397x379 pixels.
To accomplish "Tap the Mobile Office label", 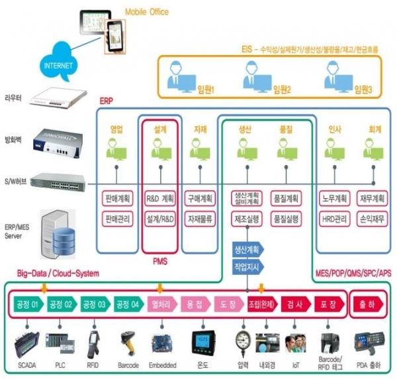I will [x=146, y=11].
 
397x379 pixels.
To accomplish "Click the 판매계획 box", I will [x=118, y=198].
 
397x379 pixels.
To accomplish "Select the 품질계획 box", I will [x=287, y=198].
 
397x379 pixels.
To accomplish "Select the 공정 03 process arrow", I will [x=94, y=305].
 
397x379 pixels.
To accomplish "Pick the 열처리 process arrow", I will [x=161, y=305].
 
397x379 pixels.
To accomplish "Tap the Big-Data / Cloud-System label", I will [x=58, y=273].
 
